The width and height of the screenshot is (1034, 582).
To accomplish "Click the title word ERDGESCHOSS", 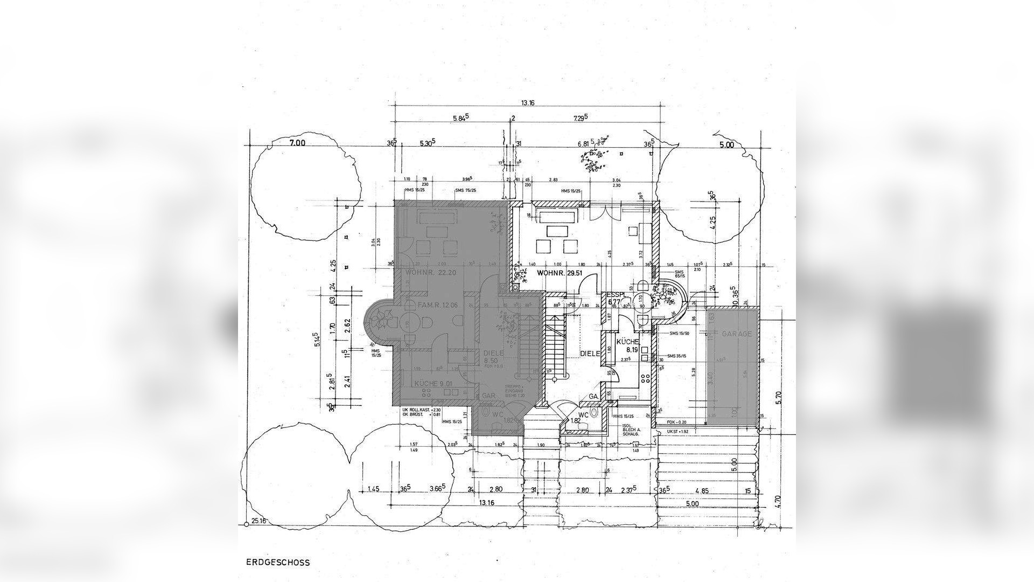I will tap(278, 562).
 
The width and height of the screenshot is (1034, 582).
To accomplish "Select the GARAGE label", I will tap(737, 334).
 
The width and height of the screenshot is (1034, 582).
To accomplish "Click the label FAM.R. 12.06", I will tap(438, 305).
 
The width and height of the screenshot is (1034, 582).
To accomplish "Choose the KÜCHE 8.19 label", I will tap(627, 345).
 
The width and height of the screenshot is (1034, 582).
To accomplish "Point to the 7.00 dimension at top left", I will tap(297, 143).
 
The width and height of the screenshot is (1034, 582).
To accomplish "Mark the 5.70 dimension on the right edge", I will tap(777, 398).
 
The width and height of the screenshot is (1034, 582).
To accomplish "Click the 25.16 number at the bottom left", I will tap(259, 521).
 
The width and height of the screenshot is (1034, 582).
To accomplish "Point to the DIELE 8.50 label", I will tap(493, 357).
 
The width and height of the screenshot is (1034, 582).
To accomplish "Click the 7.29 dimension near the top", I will tap(580, 117).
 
